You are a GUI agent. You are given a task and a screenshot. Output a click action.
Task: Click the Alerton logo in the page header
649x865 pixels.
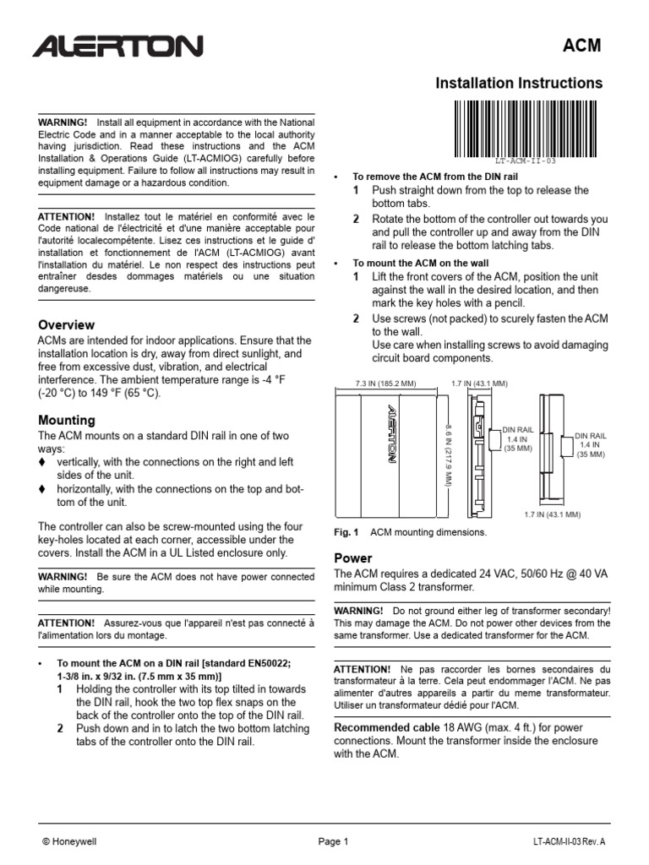click(117, 46)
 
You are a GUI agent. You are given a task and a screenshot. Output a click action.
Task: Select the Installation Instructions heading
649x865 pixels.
click(518, 83)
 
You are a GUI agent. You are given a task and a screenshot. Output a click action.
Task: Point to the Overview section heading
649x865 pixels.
click(67, 325)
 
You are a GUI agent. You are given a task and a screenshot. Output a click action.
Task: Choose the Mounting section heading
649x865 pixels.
click(67, 421)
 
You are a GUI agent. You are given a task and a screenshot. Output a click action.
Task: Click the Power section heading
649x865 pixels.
click(353, 558)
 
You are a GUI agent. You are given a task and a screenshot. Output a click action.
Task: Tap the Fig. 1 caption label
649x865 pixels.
click(346, 533)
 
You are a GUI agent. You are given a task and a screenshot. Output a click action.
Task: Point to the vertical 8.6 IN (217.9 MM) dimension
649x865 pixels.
click(448, 454)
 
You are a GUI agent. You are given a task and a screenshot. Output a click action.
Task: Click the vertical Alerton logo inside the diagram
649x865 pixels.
click(390, 436)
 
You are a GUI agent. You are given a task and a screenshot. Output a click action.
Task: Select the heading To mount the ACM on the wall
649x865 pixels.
click(420, 263)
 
